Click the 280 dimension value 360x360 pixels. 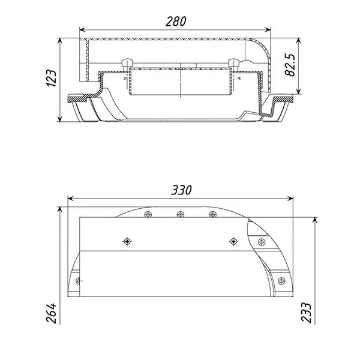176,22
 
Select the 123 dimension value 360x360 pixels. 51,78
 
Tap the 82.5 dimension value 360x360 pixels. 290,65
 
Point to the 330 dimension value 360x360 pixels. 181,190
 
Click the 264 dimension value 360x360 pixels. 51,313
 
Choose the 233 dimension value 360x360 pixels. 306,313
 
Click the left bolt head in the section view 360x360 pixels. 127,62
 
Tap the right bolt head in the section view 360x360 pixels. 234,62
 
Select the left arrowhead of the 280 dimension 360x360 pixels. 82,29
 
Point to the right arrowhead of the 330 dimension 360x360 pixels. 290,199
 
